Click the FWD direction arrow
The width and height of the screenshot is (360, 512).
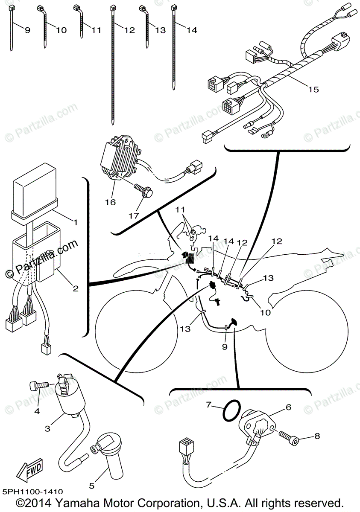click(x=30, y=471)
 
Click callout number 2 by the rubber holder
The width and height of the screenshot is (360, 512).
click(x=75, y=288)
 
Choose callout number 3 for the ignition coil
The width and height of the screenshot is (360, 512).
click(x=47, y=428)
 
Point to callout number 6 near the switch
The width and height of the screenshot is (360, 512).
click(x=288, y=407)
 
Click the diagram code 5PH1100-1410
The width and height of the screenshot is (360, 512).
click(x=33, y=492)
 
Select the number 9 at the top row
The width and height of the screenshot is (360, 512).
click(x=27, y=30)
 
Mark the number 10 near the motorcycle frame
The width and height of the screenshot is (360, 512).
click(x=265, y=312)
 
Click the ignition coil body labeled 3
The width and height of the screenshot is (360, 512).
click(x=67, y=395)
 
